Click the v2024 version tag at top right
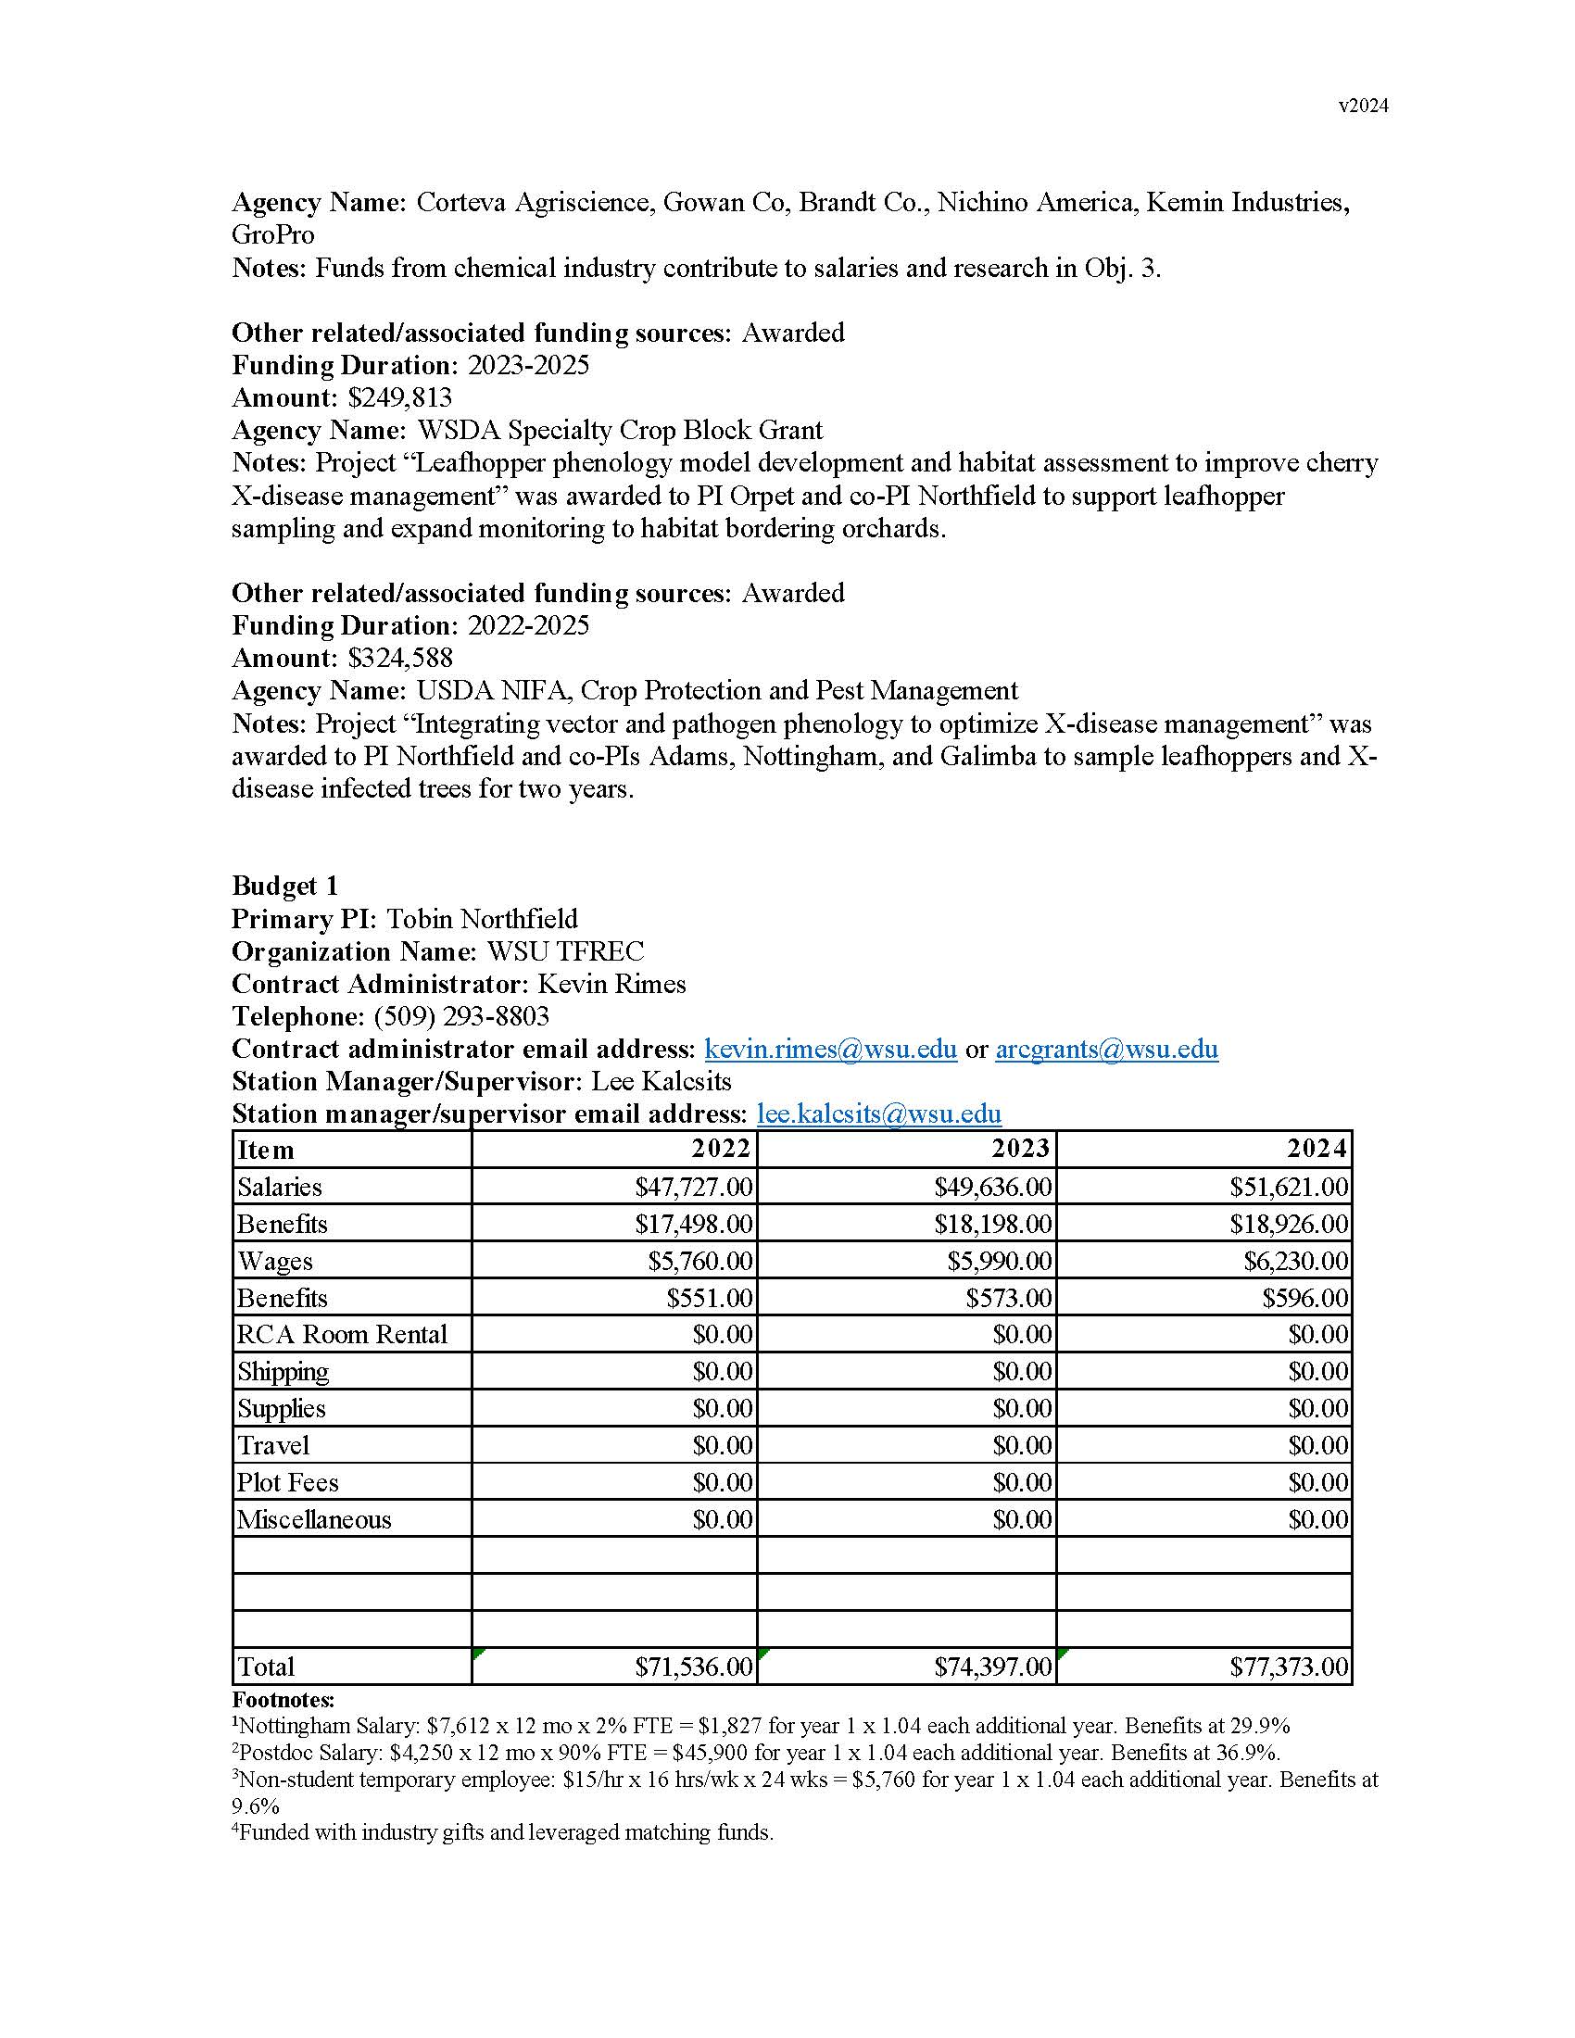tap(1362, 107)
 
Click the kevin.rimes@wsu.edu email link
tap(830, 1050)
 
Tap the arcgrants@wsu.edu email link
tap(1106, 1050)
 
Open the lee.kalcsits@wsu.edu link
tap(879, 1114)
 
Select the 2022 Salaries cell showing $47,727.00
tap(693, 1187)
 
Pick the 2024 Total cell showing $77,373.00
tap(1289, 1667)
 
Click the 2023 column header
tap(1020, 1148)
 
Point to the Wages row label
tap(275, 1262)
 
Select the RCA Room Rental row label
tap(343, 1334)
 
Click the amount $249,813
tap(399, 398)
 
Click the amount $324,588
tap(399, 659)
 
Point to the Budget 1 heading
tap(284, 886)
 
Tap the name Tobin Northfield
tap(482, 919)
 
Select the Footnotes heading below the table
tap(283, 1700)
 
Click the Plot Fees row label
tap(287, 1483)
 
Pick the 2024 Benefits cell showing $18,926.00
tap(1289, 1225)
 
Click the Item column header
tap(266, 1150)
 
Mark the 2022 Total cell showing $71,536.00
tap(693, 1667)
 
